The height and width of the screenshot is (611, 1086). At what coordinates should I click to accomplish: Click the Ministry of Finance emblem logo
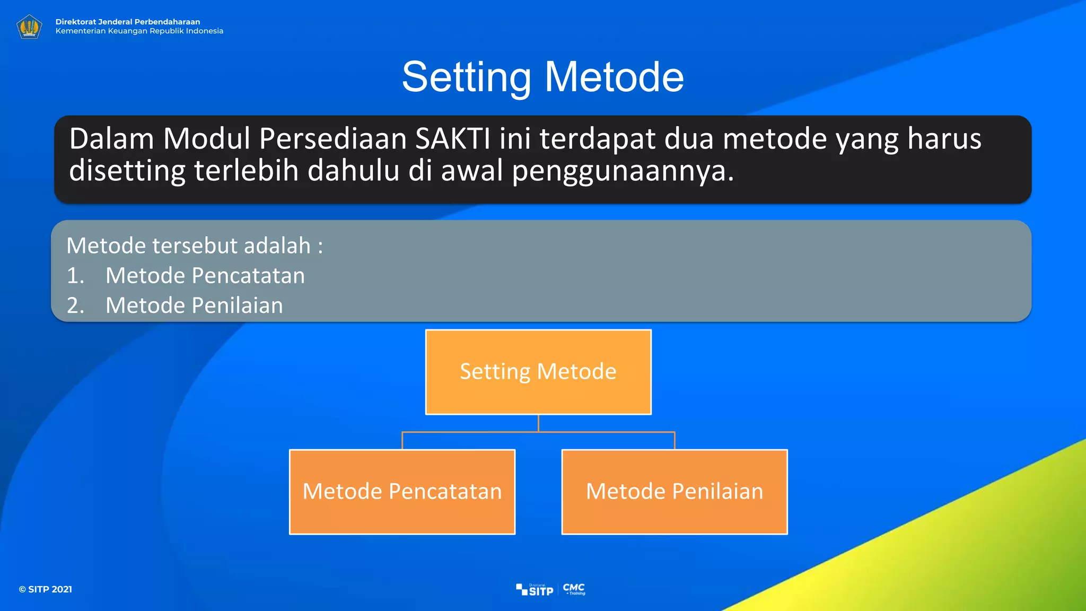29,27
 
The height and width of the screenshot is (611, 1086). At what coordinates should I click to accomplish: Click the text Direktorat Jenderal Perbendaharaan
128,22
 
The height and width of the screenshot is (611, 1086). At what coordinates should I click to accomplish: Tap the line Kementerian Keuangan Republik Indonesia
139,31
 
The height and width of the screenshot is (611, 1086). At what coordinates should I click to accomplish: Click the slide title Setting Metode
542,77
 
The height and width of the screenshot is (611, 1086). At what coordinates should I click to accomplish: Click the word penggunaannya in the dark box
623,171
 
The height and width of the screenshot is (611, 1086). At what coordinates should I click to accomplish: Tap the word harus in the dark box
944,139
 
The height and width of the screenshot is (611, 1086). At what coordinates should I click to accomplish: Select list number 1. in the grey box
75,276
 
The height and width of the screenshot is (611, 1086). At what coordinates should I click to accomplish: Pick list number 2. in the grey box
75,305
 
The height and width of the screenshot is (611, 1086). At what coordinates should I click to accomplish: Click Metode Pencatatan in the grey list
205,276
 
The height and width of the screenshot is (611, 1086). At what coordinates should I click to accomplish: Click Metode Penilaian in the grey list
194,305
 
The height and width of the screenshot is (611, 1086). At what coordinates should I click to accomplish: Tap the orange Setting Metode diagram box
538,372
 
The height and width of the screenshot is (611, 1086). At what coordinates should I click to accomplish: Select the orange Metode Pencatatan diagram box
402,492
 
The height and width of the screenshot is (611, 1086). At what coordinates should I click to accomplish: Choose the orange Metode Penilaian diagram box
675,492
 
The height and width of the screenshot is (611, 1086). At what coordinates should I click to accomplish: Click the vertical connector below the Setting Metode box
538,423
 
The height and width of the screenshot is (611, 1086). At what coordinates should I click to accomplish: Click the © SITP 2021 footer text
46,589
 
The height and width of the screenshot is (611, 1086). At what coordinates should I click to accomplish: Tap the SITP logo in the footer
535,590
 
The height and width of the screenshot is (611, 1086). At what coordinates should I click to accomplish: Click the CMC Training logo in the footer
574,589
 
